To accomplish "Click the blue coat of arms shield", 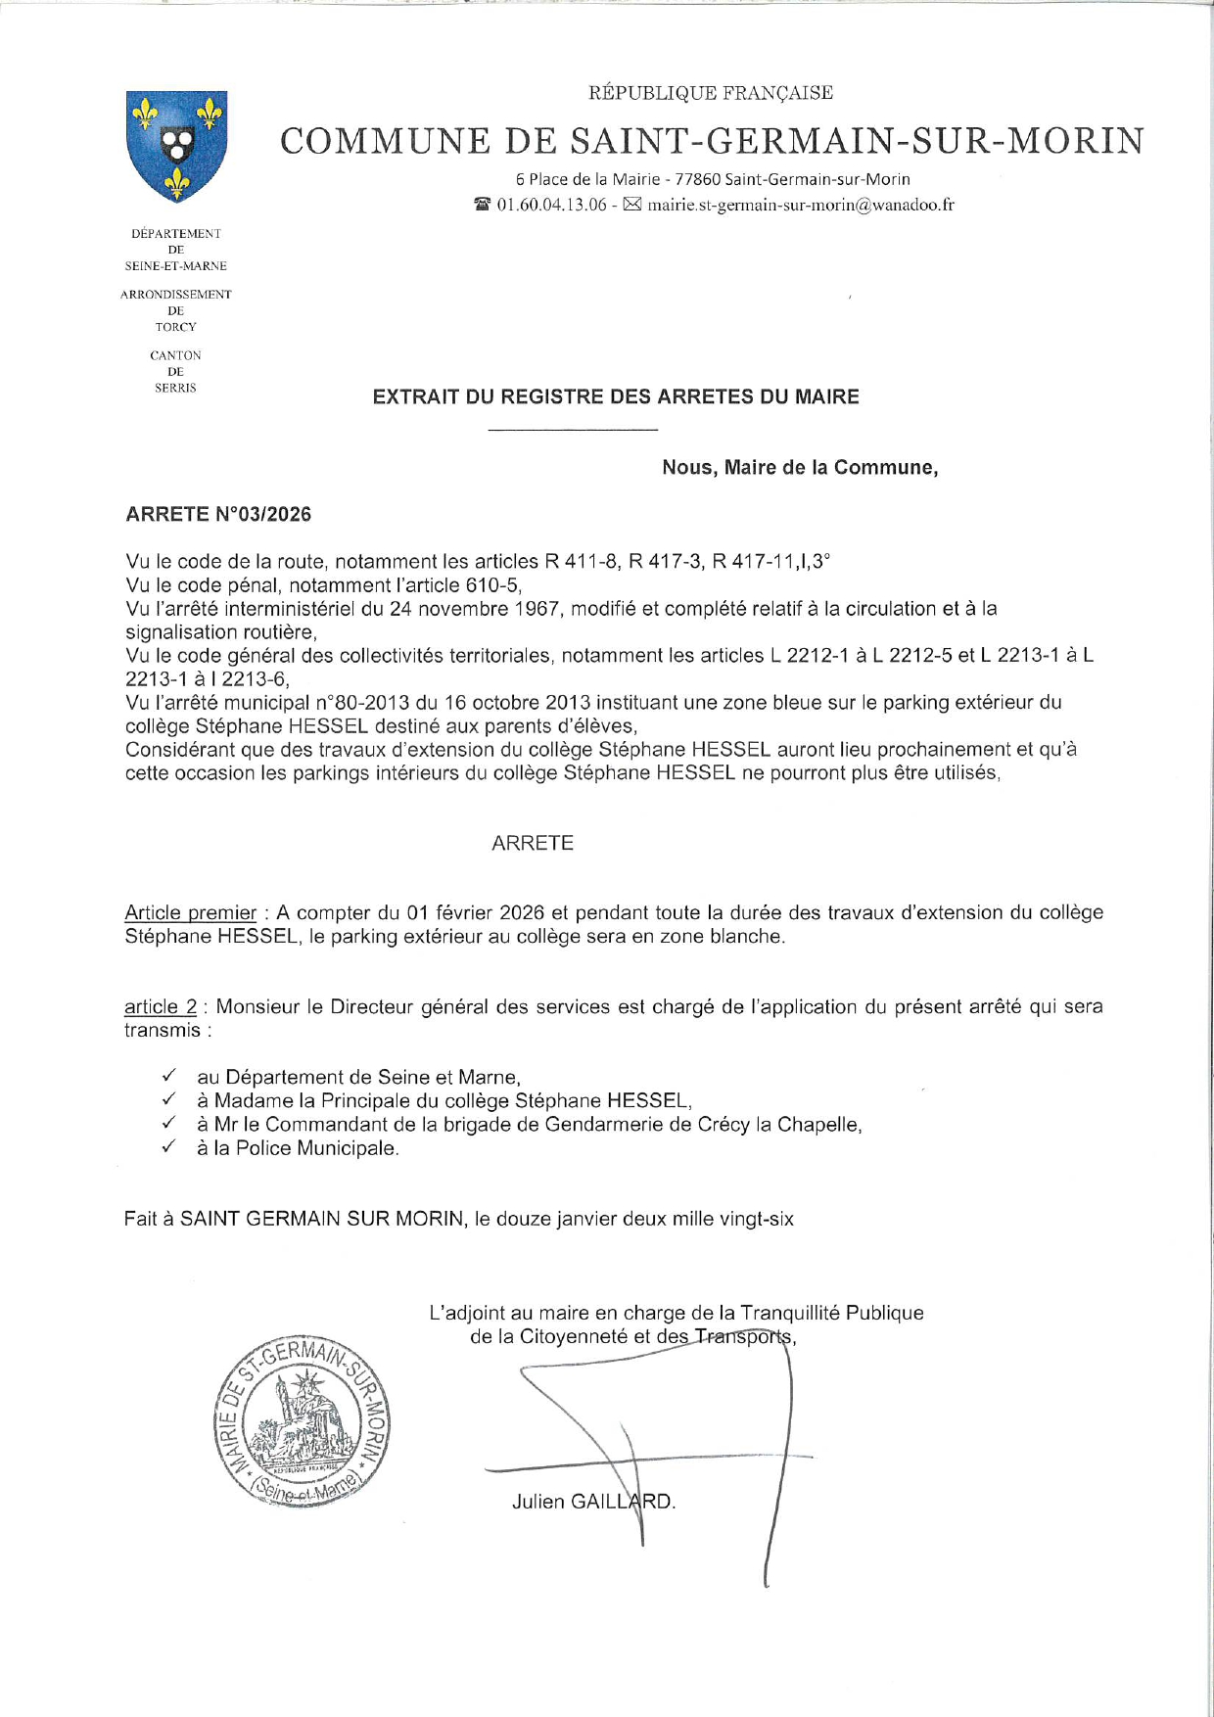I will point(176,145).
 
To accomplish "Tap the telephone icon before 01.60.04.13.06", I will point(482,206).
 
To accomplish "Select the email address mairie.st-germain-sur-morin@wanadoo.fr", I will point(801,206).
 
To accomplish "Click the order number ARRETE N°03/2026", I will point(218,515).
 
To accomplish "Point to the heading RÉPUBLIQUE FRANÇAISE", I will point(710,93).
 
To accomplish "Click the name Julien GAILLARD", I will point(593,1502).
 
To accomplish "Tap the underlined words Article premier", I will point(190,913).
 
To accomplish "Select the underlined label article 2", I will point(161,1007).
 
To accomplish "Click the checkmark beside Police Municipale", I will point(169,1147).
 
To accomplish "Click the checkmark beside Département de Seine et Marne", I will point(169,1077).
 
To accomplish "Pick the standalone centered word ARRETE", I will point(533,844).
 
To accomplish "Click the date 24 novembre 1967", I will point(476,609).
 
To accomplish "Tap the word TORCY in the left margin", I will point(176,327).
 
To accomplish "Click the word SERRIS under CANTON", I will point(176,389).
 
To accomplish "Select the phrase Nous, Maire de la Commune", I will point(800,468).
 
